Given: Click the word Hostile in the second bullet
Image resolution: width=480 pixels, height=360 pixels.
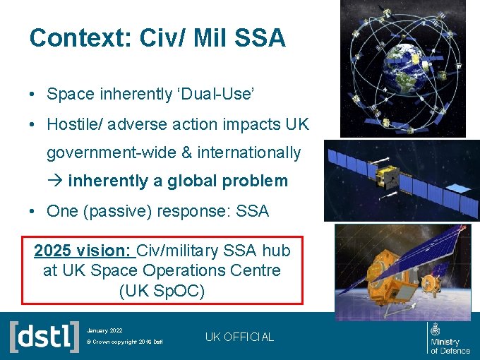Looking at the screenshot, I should (x=72, y=125).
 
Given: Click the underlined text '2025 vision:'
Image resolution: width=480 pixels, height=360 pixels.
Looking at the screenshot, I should (x=83, y=251).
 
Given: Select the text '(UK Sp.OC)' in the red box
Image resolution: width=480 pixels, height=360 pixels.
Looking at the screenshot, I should (x=162, y=290).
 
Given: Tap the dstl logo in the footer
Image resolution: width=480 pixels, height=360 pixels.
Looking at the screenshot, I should (x=44, y=335).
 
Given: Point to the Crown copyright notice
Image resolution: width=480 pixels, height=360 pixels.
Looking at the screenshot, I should (x=124, y=342).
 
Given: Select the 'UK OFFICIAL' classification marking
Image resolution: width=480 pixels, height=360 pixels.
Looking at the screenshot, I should (x=239, y=337).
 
